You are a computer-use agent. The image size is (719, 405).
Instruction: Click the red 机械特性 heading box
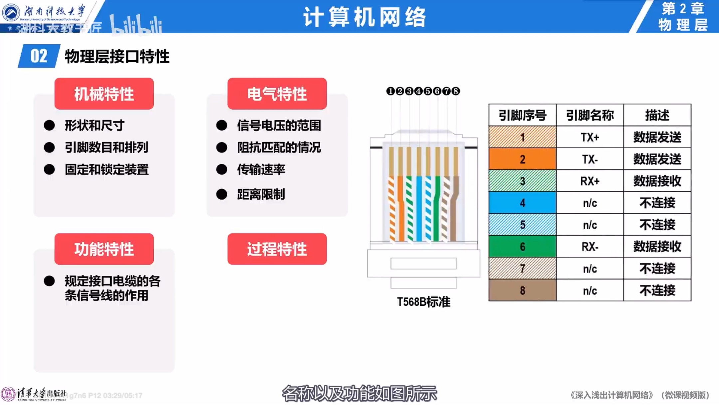[104, 94]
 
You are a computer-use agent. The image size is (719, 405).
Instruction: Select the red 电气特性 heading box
[277, 94]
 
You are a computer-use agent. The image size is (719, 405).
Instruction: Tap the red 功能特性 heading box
[104, 249]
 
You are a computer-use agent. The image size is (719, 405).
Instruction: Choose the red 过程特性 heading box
[277, 249]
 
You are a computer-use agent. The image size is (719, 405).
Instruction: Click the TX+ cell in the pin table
[590, 137]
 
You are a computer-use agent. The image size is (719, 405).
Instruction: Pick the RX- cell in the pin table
[590, 246]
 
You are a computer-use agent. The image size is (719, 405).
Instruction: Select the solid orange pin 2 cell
[522, 159]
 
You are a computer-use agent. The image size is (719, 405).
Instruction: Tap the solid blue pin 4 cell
[522, 203]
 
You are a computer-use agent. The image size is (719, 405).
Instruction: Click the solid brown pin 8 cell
[522, 290]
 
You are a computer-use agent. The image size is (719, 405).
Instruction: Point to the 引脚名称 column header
[590, 115]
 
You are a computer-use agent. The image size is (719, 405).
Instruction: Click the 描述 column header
[657, 115]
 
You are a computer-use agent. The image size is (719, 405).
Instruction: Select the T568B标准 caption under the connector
[423, 302]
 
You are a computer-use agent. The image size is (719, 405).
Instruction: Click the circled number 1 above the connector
[390, 91]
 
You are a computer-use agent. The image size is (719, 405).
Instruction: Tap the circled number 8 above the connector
[456, 91]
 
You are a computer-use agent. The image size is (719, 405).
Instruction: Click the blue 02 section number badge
[39, 56]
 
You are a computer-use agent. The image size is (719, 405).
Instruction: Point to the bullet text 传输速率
[261, 170]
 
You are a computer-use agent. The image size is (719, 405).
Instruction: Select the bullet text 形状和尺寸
[95, 126]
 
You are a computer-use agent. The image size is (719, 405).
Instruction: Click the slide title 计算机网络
[364, 17]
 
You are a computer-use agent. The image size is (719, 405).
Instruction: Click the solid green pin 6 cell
[522, 246]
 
